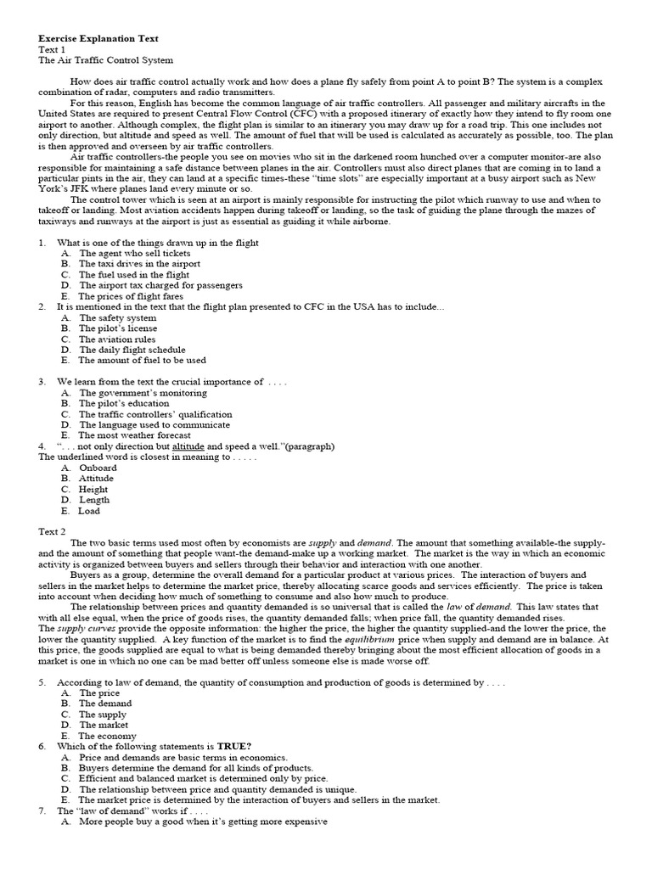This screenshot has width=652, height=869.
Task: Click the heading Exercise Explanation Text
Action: [x=98, y=39]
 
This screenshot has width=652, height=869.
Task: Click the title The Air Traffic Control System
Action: [x=106, y=60]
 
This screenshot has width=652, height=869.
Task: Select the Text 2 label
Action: [x=52, y=531]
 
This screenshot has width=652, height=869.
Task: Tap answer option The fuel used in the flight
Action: [x=134, y=275]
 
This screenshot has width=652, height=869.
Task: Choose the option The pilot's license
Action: [x=118, y=328]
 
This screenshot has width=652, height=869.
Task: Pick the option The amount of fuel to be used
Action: [x=143, y=361]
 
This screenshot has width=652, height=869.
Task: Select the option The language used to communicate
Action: [x=155, y=425]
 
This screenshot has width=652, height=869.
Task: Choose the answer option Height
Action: [x=93, y=490]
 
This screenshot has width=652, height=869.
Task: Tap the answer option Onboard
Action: [x=98, y=468]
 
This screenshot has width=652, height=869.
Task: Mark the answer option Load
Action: [x=89, y=511]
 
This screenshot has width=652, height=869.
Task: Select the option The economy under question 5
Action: [x=107, y=736]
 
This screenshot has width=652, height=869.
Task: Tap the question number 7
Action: [x=42, y=810]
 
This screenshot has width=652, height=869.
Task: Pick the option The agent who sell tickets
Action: [x=135, y=253]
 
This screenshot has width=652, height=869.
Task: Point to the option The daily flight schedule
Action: [x=132, y=350]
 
